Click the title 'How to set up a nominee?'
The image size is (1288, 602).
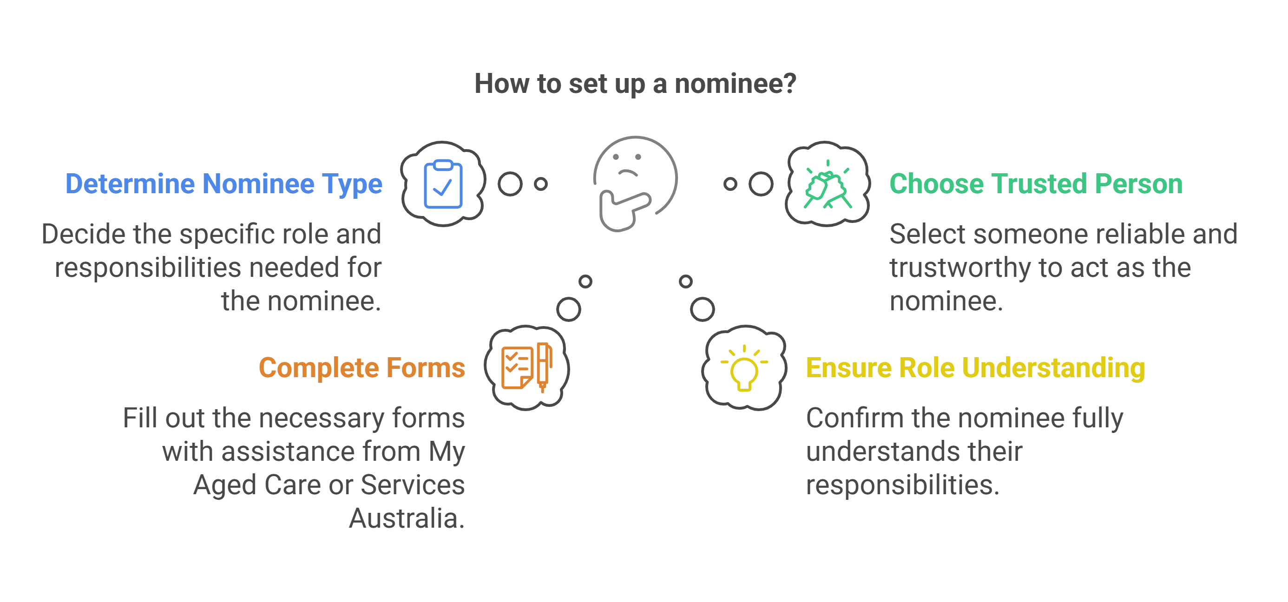click(635, 84)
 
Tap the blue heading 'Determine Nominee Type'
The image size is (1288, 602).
click(223, 184)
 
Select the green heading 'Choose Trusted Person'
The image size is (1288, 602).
click(1036, 184)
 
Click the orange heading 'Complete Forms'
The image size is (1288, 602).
click(361, 368)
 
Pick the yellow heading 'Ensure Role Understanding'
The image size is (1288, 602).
click(975, 368)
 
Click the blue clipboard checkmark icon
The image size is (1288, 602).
click(443, 184)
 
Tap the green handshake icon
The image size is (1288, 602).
click(828, 185)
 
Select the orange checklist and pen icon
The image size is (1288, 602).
click(526, 368)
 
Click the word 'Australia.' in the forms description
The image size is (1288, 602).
click(407, 518)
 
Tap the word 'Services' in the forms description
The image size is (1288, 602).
click(413, 485)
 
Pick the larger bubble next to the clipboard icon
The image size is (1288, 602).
click(510, 184)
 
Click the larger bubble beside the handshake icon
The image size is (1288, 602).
click(761, 184)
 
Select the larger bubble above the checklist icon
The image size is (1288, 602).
click(569, 309)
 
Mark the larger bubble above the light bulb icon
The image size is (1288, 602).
click(703, 309)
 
